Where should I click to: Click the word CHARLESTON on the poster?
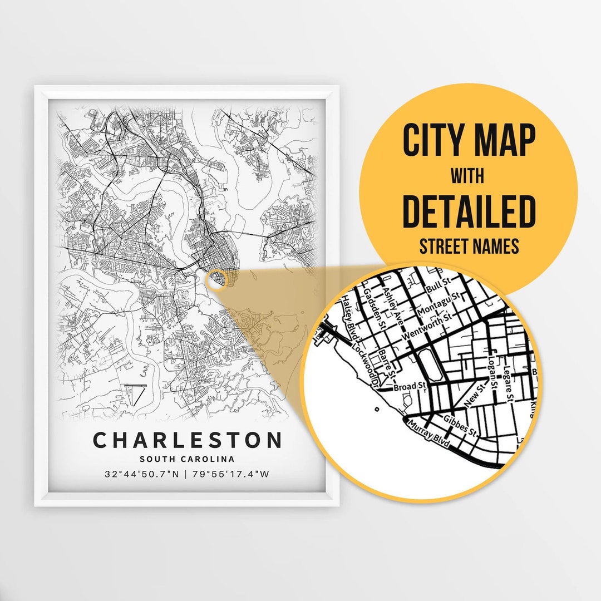pos(188,440)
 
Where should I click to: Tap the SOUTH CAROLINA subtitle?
pos(187,459)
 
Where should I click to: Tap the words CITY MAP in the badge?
pos(469,141)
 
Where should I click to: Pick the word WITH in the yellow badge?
pos(467,176)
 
